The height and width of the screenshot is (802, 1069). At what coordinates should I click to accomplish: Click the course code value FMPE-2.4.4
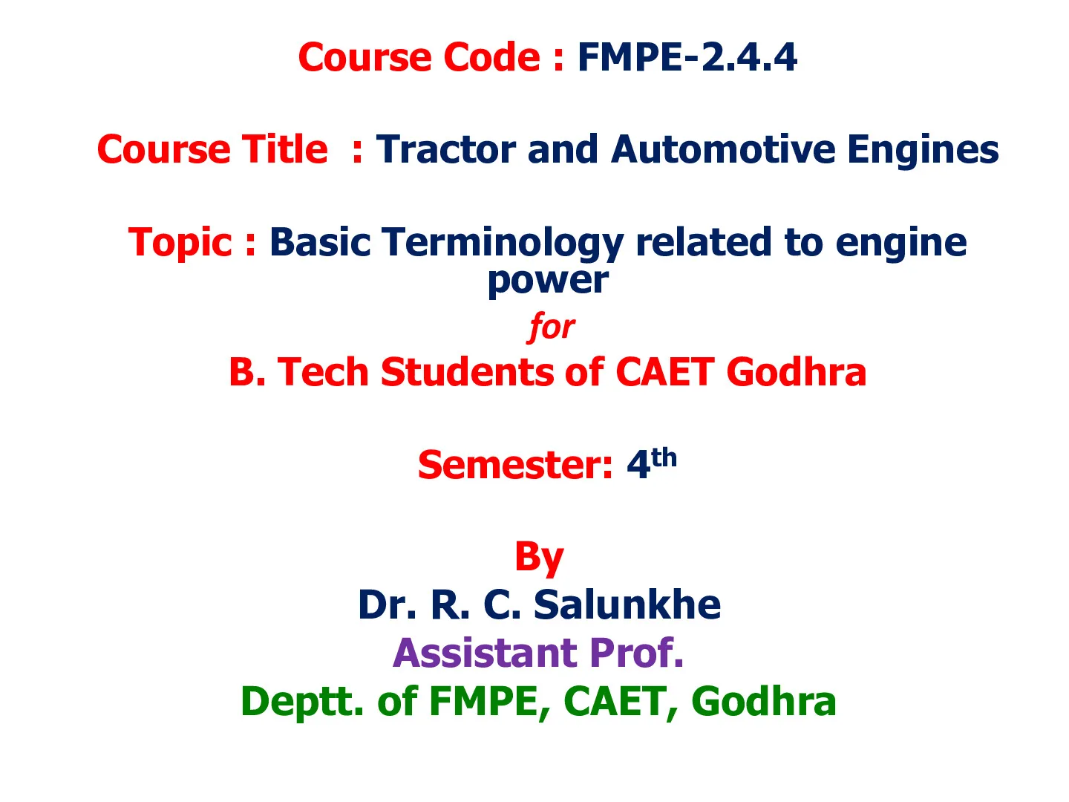687,57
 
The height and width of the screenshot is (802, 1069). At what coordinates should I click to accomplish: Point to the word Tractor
446,149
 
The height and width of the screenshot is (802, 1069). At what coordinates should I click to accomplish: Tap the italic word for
552,327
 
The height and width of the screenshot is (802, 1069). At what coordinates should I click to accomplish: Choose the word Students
468,373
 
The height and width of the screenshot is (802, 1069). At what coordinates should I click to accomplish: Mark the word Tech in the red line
322,373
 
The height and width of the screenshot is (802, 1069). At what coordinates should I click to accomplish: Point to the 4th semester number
652,463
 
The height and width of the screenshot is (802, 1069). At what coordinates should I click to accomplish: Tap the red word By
539,558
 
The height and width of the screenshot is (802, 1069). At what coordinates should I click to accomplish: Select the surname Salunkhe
627,604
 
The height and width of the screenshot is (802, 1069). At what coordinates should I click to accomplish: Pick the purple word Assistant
486,653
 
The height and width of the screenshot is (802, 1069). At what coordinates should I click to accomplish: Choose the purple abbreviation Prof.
636,653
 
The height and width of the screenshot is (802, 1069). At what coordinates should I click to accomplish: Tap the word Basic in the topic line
320,242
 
